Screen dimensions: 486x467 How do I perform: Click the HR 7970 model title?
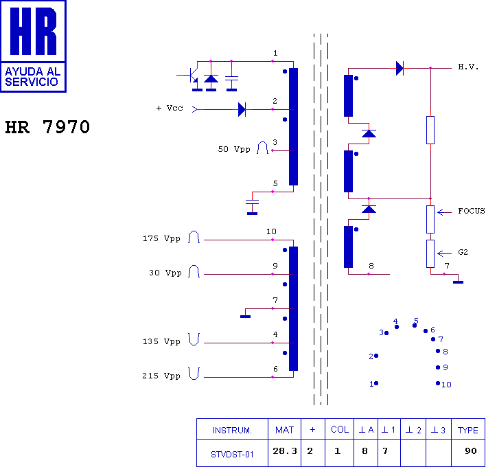47,127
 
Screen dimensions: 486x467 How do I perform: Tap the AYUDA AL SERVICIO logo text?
32,77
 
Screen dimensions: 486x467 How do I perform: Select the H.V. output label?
468,67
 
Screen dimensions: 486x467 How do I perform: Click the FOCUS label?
472,211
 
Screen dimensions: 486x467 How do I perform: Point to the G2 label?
463,252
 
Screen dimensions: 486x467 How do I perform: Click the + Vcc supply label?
170,108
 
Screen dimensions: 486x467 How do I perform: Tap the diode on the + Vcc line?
242,109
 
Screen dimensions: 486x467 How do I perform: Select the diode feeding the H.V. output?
400,68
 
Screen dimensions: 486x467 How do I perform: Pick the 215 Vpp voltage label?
161,376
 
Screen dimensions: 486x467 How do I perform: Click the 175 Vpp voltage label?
161,238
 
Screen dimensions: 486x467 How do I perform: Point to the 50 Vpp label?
234,149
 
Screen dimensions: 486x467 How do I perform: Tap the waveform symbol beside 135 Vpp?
194,339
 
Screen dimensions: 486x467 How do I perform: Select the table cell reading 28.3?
285,451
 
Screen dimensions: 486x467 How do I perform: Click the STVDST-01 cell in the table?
232,455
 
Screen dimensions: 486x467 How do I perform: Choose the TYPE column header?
468,430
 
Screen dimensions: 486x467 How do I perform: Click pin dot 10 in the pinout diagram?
438,383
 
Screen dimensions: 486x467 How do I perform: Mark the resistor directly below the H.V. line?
430,130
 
